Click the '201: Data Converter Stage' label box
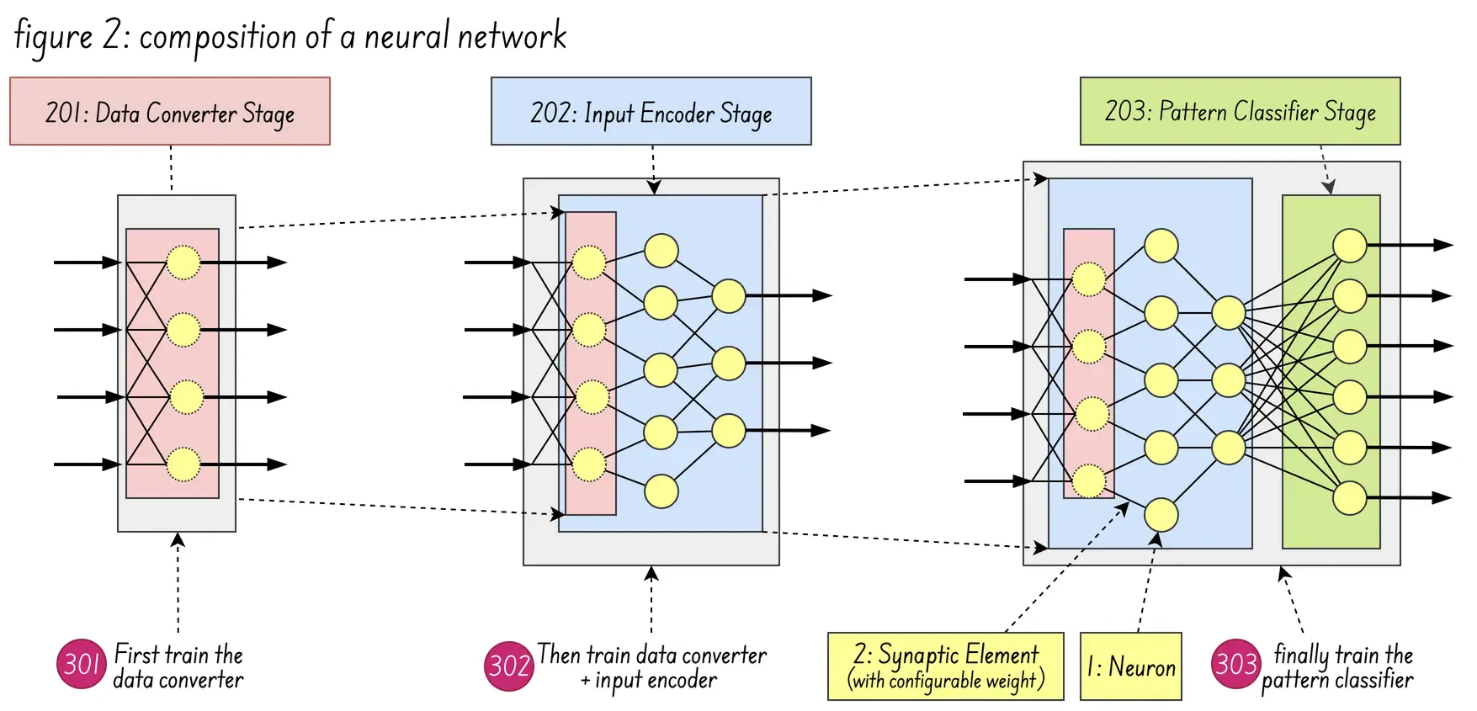click(169, 112)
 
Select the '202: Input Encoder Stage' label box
click(651, 112)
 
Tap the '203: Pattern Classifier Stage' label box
click(1240, 111)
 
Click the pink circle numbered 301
click(80, 666)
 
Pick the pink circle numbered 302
click(509, 666)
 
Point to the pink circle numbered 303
click(1235, 665)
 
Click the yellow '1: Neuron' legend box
click(1130, 667)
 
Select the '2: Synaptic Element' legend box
click(945, 667)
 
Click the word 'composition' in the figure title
click(217, 38)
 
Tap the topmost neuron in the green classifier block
click(1350, 246)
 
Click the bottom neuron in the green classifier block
click(1350, 498)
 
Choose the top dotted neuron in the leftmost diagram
click(183, 263)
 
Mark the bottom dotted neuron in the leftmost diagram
click(183, 464)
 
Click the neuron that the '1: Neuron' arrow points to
click(1161, 515)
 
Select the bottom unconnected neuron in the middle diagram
click(661, 491)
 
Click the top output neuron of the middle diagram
click(728, 296)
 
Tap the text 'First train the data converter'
click(178, 667)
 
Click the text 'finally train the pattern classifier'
click(1337, 667)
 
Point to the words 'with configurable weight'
click(945, 681)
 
